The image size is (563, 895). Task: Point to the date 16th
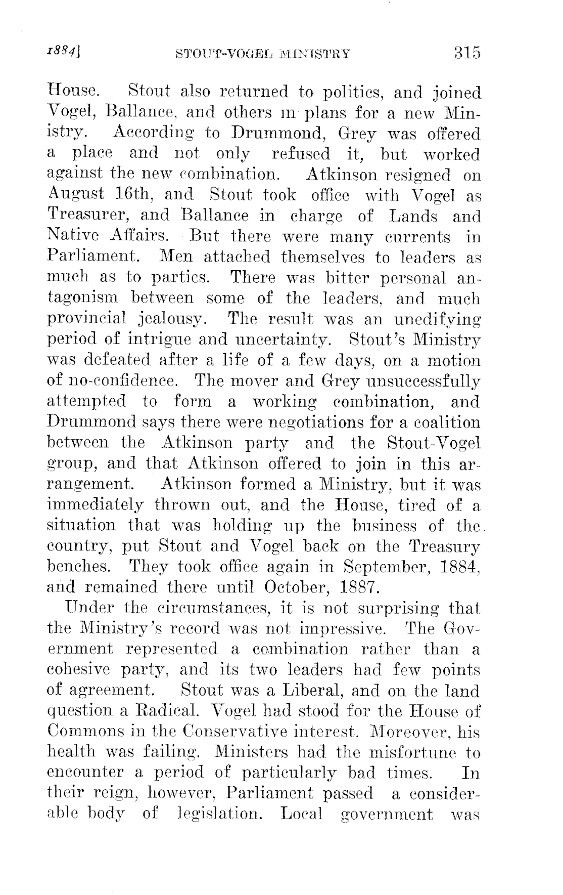coord(136,194)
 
